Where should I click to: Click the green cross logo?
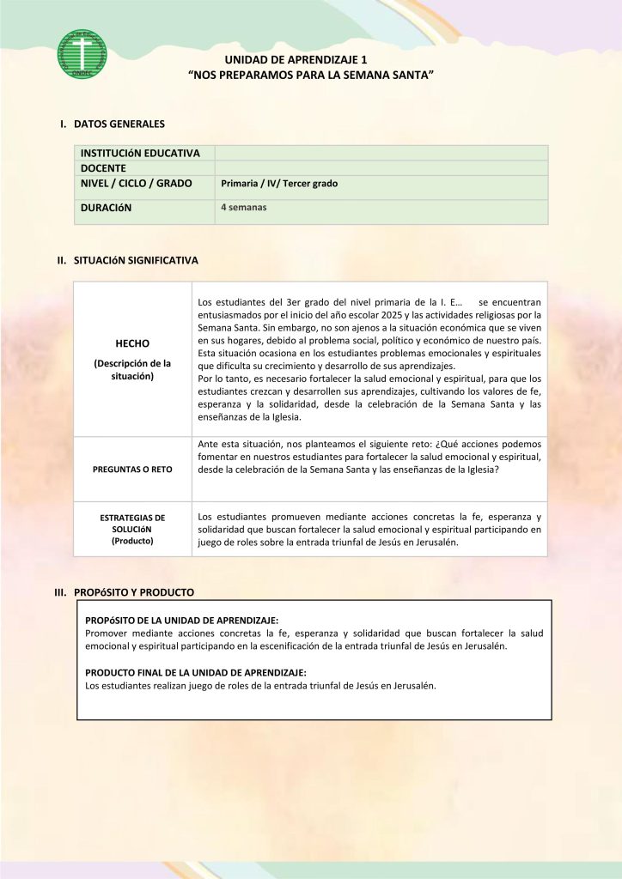[82, 54]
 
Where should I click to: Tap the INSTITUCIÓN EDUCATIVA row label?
[141, 153]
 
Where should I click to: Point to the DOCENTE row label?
[104, 168]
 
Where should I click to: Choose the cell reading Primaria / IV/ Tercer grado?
[279, 184]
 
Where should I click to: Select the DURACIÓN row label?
[107, 208]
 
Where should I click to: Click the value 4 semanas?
[244, 208]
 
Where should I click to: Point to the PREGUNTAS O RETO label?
[132, 470]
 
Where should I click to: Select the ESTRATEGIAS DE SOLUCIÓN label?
[132, 530]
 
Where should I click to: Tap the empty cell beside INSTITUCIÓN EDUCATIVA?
[381, 153]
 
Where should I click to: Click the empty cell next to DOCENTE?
[381, 168]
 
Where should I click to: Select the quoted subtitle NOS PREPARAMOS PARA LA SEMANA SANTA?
[311, 76]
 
